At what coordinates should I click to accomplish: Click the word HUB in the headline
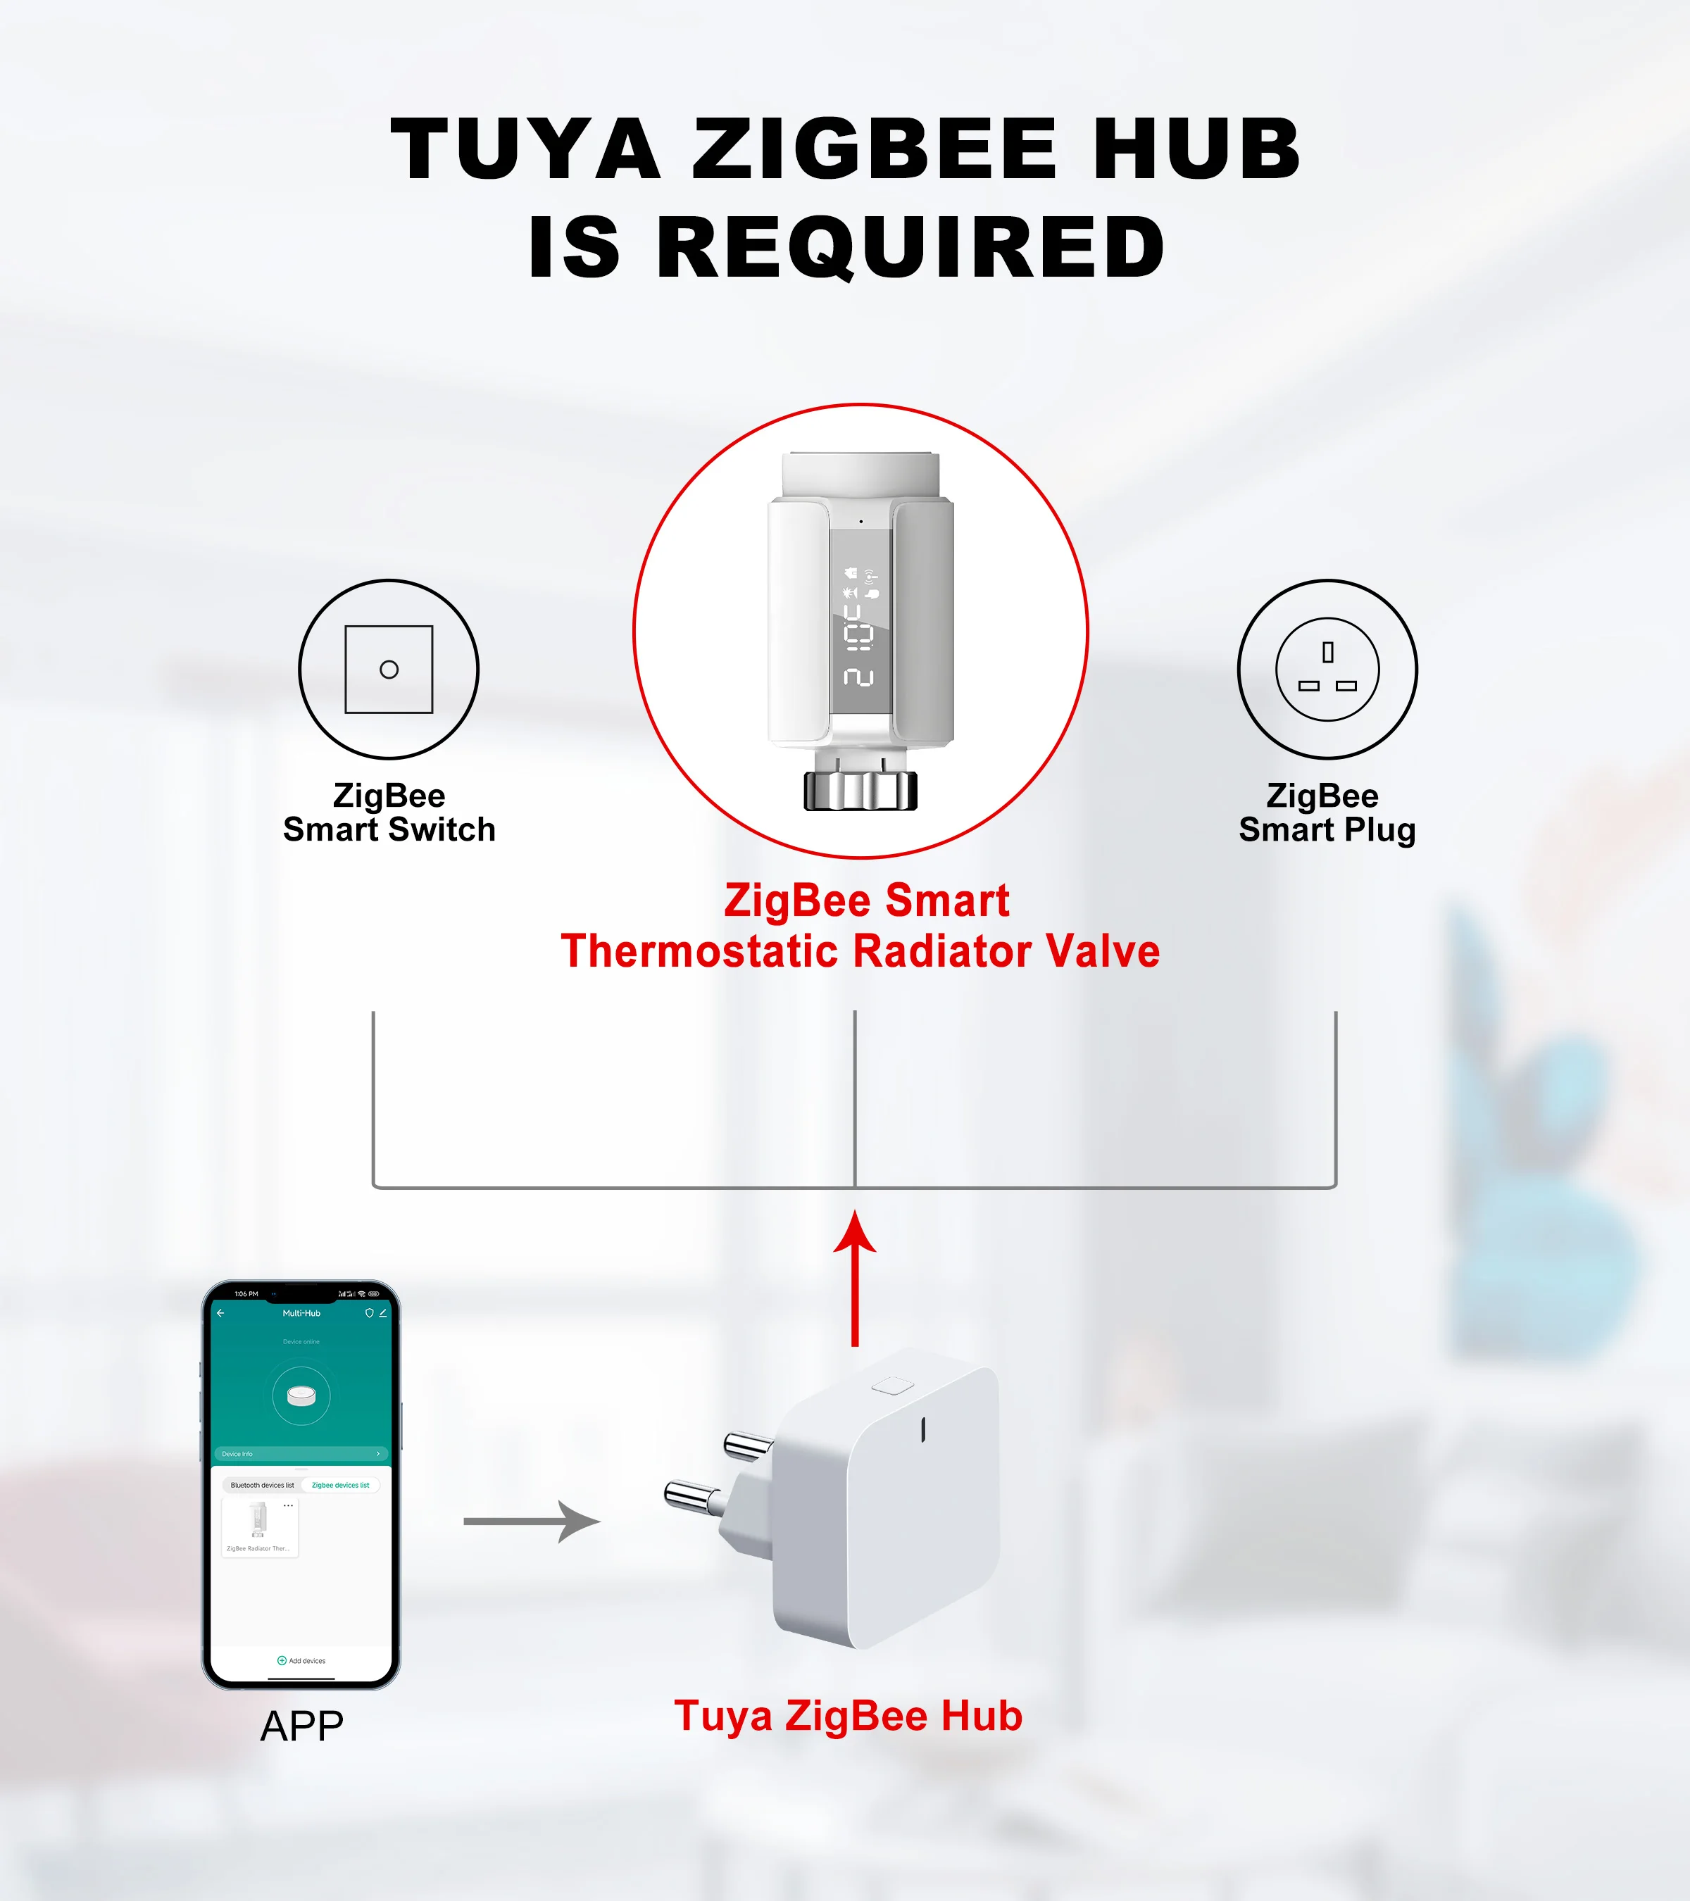[1196, 149]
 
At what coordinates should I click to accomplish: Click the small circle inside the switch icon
[389, 670]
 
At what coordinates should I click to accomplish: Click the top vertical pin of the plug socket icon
[1327, 652]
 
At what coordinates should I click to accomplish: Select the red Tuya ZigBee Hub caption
[849, 1716]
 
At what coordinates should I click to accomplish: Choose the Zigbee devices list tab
[340, 1486]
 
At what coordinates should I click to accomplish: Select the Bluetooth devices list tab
[262, 1486]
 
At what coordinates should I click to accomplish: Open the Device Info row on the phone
[301, 1454]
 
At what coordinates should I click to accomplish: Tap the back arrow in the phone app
[220, 1313]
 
